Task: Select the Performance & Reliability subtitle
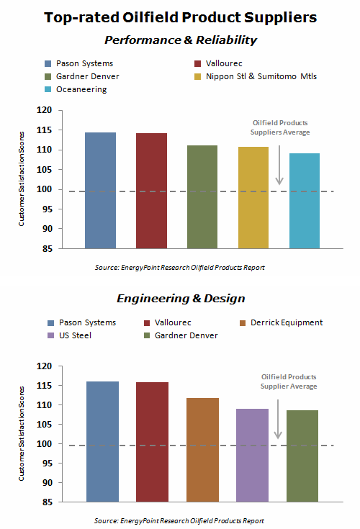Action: tap(180, 40)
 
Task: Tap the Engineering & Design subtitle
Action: tap(181, 298)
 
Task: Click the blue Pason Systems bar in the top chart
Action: tap(100, 191)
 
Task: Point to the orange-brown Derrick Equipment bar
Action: tap(202, 449)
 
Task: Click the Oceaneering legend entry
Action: tap(73, 90)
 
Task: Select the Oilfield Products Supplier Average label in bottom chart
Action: tap(288, 382)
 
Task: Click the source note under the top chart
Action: tap(179, 268)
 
